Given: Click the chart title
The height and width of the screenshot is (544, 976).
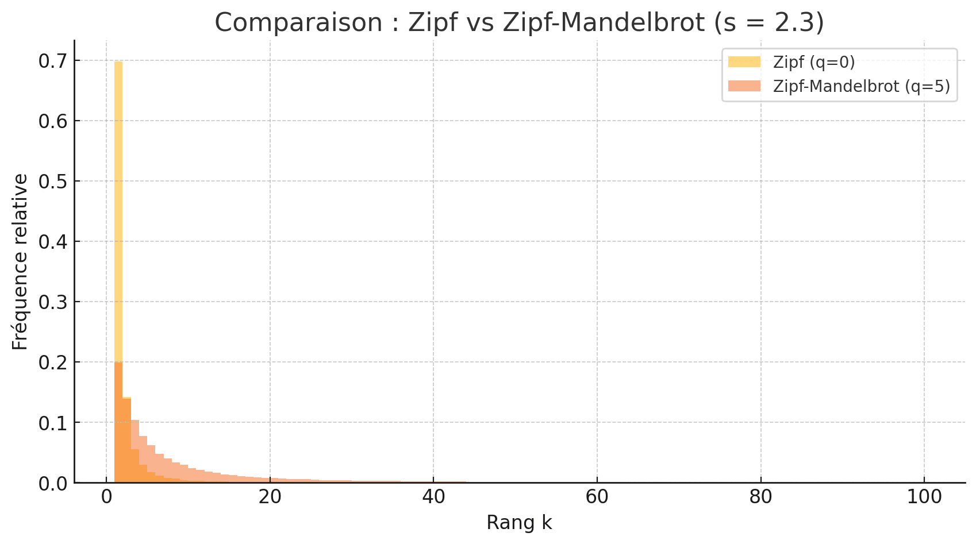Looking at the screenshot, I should click(519, 23).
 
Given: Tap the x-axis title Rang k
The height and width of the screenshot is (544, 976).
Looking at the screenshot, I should click(519, 523).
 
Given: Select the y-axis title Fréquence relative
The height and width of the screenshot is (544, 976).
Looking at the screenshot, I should click(20, 262).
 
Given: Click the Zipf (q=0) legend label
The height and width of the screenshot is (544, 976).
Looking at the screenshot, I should click(814, 62).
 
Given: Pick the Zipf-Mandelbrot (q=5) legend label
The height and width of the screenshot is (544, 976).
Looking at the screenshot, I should click(861, 86).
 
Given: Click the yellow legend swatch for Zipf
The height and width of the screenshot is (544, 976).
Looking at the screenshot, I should click(744, 62).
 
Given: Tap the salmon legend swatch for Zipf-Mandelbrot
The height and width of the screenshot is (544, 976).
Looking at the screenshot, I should click(744, 86).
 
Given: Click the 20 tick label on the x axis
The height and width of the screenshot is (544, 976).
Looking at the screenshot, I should click(270, 497).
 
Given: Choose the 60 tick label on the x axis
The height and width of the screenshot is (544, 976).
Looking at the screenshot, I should click(597, 497).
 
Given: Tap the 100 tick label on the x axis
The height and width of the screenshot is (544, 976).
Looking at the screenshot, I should click(924, 497).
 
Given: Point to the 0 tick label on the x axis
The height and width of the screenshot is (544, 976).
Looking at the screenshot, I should click(106, 497).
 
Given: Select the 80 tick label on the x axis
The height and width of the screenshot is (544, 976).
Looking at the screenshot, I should click(761, 497).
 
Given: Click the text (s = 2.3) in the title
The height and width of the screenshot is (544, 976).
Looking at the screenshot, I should click(768, 23).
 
